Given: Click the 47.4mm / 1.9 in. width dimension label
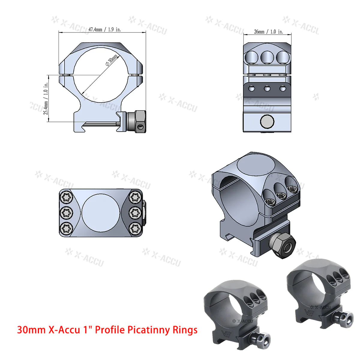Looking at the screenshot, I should pos(104,30).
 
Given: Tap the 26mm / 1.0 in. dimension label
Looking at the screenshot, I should pos(268,31).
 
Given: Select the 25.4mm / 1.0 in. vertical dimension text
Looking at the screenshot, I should pos(46,99).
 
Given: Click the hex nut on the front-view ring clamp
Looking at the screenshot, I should pos(140,121).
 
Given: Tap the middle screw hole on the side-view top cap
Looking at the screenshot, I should pos(267,57).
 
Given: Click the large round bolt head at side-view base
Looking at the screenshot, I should pos(267,121).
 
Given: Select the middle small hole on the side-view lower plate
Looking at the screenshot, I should pos(266,88).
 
